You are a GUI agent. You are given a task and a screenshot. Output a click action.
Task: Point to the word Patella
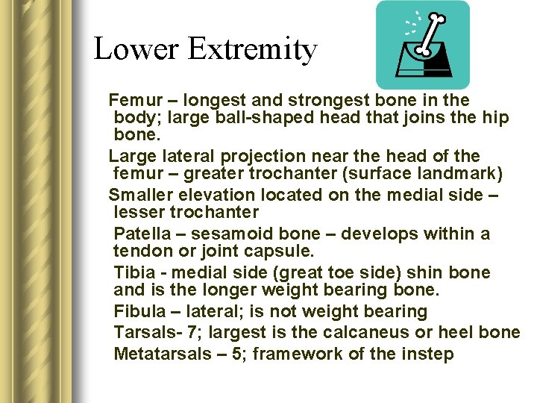point(139,234)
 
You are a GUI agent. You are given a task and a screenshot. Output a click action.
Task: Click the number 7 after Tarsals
point(184,332)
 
